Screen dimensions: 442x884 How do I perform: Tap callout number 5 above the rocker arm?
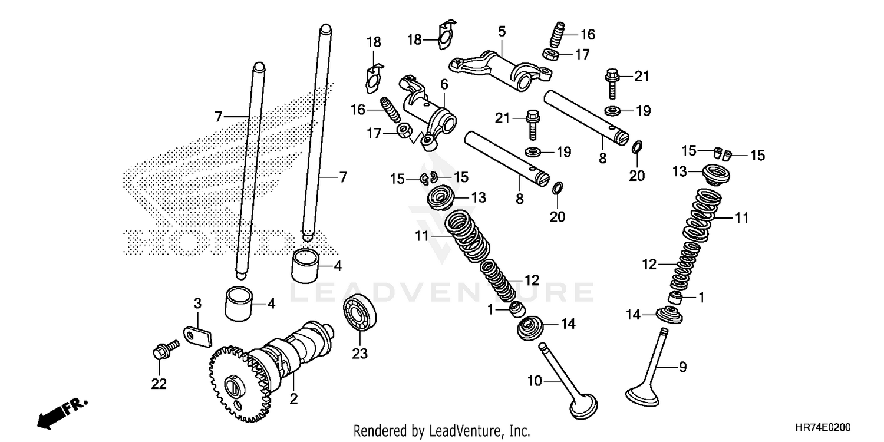click(x=501, y=30)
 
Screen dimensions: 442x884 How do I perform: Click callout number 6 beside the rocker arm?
click(x=444, y=84)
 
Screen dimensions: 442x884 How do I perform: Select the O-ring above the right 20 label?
click(x=637, y=146)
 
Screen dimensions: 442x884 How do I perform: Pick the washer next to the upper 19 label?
click(x=611, y=110)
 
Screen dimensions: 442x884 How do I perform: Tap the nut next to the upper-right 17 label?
click(x=550, y=55)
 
